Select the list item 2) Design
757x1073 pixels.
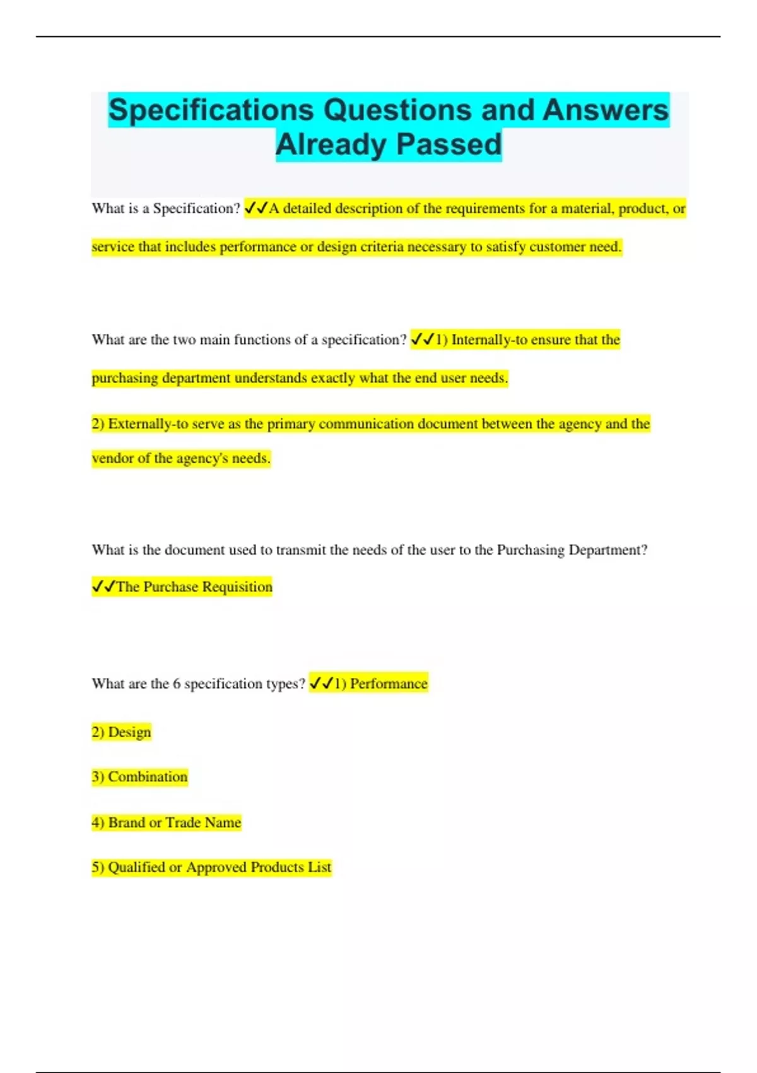pos(122,732)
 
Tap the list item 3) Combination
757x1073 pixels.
pos(139,777)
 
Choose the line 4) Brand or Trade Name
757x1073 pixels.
pos(167,822)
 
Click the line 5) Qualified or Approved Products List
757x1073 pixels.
pos(211,867)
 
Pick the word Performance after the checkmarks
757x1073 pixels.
pos(389,684)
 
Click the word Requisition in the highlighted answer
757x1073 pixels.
pos(237,587)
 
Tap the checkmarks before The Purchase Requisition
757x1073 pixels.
pos(103,587)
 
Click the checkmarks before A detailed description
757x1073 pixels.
pos(256,208)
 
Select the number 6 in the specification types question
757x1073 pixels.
pos(177,684)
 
